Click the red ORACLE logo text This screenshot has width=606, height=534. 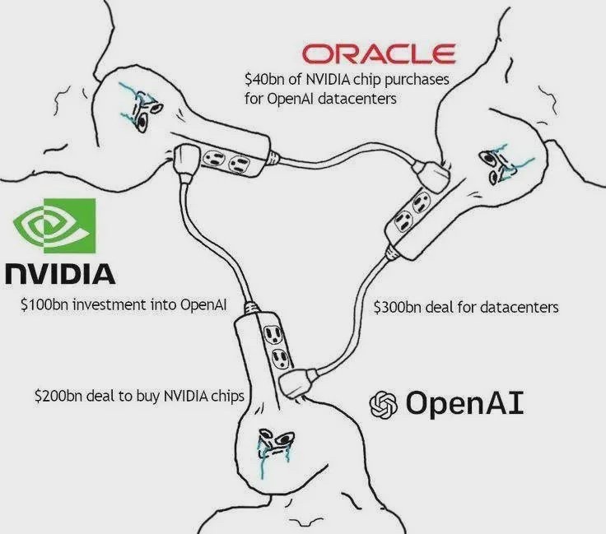378,54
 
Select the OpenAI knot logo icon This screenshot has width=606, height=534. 384,404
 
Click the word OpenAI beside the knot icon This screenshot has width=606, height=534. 464,403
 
